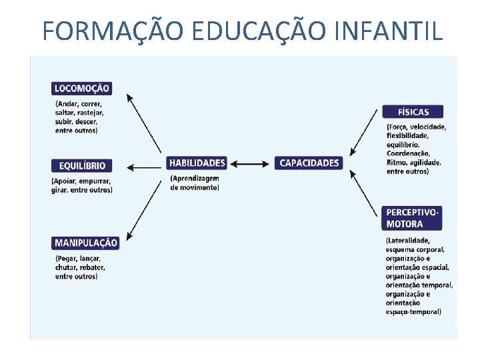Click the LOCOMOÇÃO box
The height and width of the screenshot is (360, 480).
coord(81,88)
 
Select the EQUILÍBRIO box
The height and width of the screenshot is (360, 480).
coord(81,165)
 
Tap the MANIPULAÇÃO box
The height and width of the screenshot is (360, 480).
coord(85,243)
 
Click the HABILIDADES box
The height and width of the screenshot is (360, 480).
coord(197,163)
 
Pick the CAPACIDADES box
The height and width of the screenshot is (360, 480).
coord(309,163)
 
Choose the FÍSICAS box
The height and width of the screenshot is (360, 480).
coord(413,111)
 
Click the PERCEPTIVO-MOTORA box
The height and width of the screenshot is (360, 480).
coord(413,218)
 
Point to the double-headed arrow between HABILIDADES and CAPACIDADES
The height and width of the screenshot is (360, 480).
coord(251,163)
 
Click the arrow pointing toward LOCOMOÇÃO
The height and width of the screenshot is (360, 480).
coord(143,123)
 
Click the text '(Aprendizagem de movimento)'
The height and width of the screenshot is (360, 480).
coord(195,183)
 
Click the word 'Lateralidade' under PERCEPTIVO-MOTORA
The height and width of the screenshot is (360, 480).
coord(409,241)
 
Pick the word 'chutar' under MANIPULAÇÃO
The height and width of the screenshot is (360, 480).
coord(67,267)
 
